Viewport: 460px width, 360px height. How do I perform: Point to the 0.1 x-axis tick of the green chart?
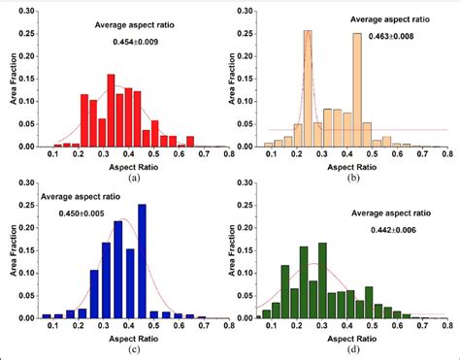[x=267, y=325]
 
